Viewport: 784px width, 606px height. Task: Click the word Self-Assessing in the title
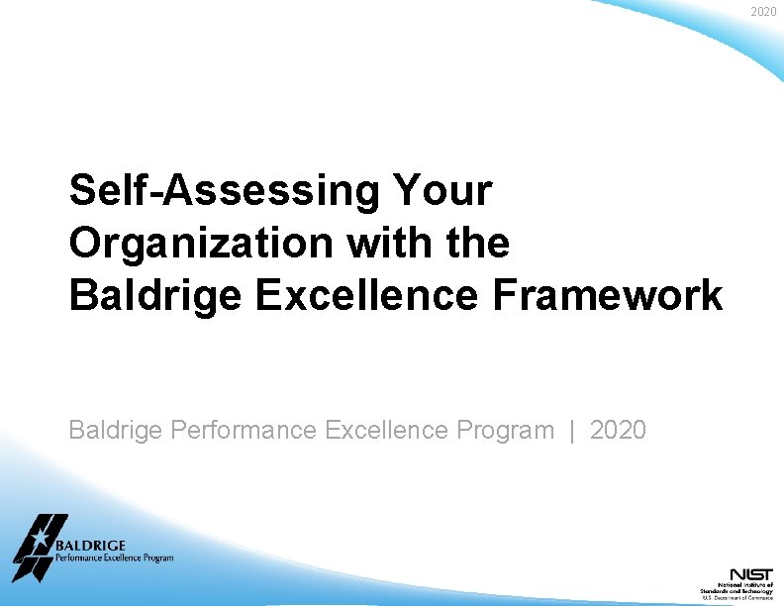pos(223,190)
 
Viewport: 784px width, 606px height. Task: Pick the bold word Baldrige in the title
pos(155,295)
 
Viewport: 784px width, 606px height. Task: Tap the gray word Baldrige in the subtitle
pos(116,431)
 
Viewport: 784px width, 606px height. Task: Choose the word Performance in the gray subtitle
pos(244,431)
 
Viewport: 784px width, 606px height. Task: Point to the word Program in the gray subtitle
pos(505,431)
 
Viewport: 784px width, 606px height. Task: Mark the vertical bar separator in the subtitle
pos(572,431)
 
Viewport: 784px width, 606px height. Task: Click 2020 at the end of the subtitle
pos(618,431)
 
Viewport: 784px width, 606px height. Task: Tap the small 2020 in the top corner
pos(763,12)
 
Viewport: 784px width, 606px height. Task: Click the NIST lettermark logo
pos(751,574)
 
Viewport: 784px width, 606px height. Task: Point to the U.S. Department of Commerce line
pos(737,598)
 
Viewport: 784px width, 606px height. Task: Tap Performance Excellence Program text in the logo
pos(114,558)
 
